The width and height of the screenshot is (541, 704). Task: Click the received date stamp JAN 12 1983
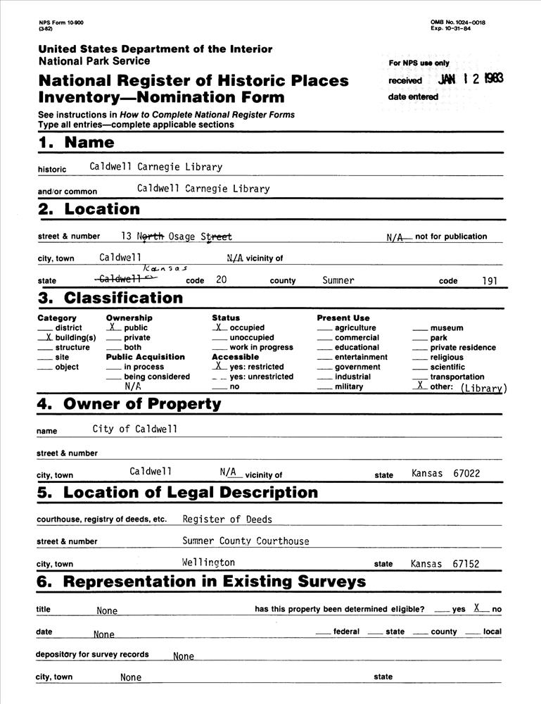tap(470, 79)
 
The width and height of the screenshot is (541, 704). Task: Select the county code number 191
tap(490, 280)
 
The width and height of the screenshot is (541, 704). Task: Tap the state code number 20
tap(221, 280)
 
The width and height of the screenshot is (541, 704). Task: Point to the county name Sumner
tap(338, 280)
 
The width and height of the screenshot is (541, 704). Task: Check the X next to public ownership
tap(113, 327)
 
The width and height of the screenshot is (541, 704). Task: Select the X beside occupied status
tap(219, 327)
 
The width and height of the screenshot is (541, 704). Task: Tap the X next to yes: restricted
tap(219, 366)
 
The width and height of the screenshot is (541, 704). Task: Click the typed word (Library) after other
tap(483, 388)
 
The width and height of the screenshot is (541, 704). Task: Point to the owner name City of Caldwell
tap(135, 429)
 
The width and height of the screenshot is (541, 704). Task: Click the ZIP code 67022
tap(466, 474)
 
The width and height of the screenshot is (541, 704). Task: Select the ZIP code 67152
tap(466, 564)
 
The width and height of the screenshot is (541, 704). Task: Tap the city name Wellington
tap(208, 562)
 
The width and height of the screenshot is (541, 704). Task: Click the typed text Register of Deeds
tap(227, 520)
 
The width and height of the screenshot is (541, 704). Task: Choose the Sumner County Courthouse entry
tap(246, 541)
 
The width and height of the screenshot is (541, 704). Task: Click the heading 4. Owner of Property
tap(129, 405)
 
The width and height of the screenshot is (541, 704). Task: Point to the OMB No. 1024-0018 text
tap(458, 23)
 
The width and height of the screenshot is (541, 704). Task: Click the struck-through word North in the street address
tap(151, 237)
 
